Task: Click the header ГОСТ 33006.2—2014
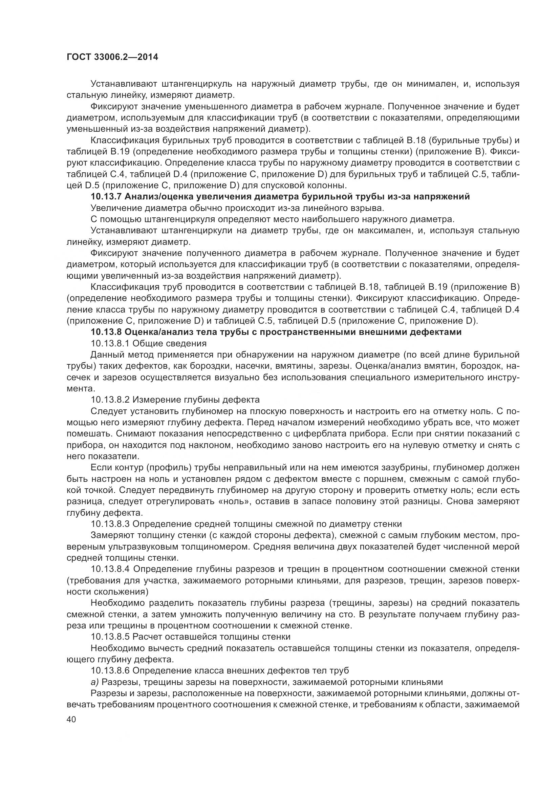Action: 112,57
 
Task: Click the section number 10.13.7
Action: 106,197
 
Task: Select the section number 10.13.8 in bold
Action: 106,333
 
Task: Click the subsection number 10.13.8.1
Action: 110,344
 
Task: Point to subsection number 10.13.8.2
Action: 110,400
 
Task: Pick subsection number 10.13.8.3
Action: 110,524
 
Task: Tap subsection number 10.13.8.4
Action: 110,569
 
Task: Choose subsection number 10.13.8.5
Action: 110,637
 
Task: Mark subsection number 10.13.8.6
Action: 110,670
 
